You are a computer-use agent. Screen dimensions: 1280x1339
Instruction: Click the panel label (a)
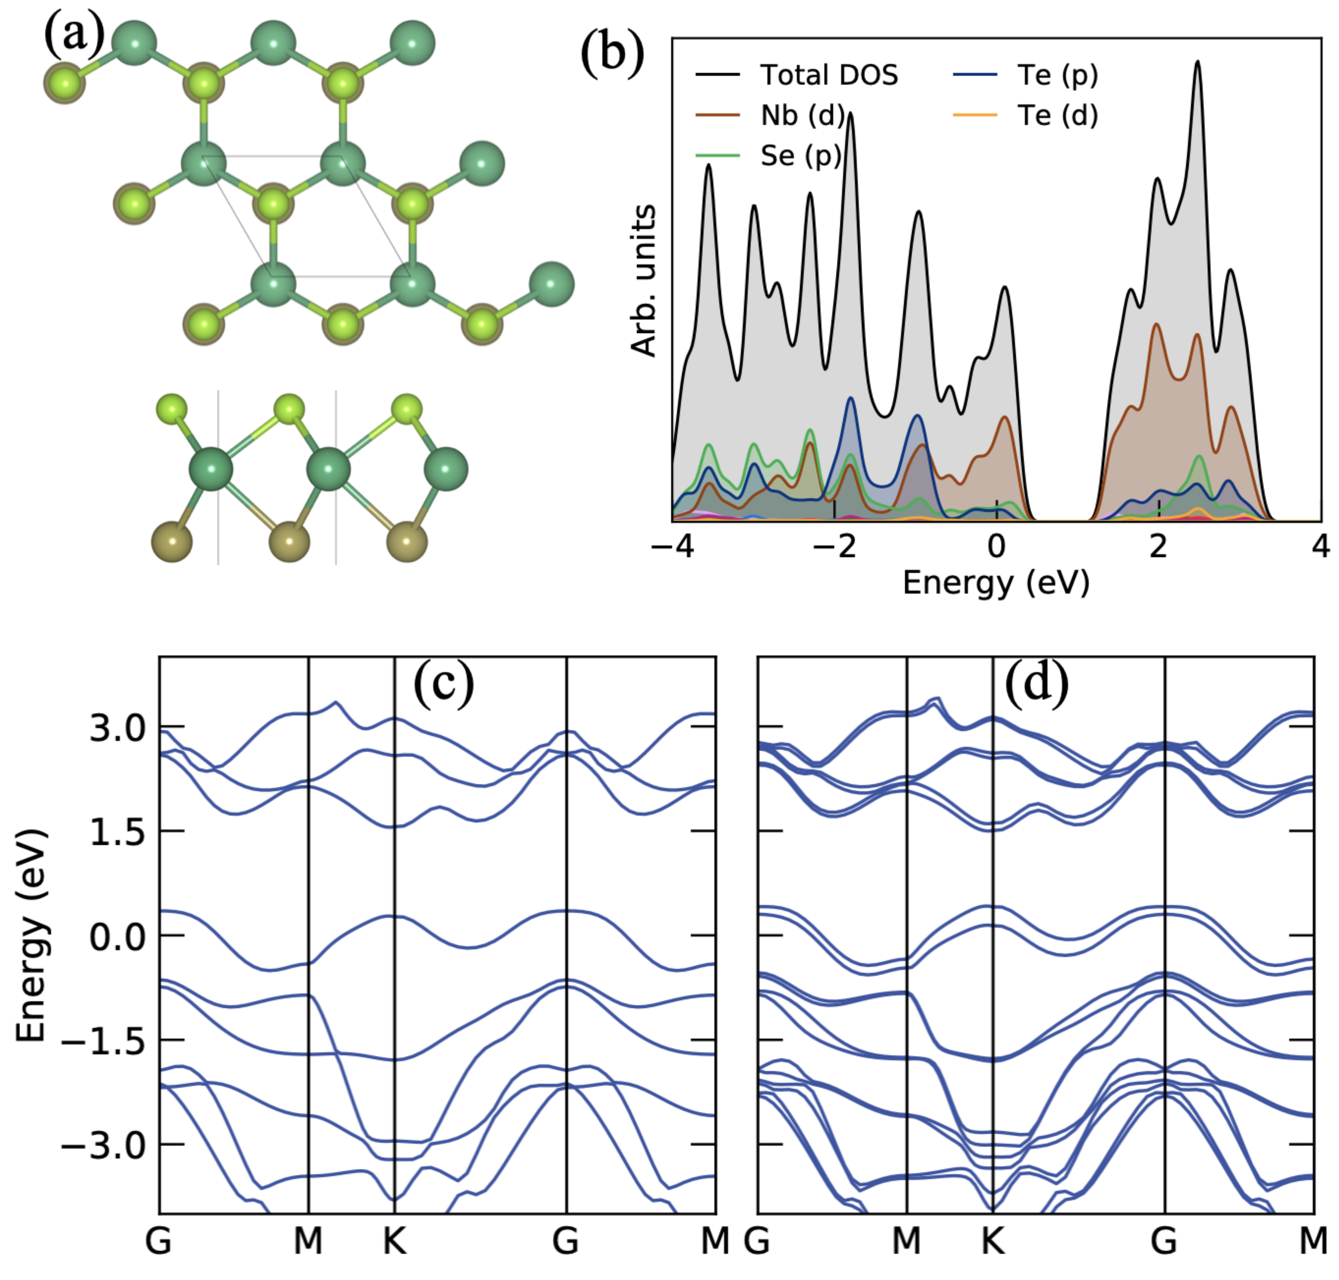tap(74, 34)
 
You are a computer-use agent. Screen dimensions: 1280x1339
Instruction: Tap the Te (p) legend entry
tap(1056, 75)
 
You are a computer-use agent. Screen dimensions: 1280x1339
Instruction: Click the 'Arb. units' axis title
tap(643, 280)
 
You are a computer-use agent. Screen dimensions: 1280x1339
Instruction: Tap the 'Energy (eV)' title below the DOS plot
tap(996, 583)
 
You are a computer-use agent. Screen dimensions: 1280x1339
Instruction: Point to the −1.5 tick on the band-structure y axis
tap(102, 1042)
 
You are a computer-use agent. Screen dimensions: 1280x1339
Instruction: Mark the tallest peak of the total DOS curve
tap(1197, 63)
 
